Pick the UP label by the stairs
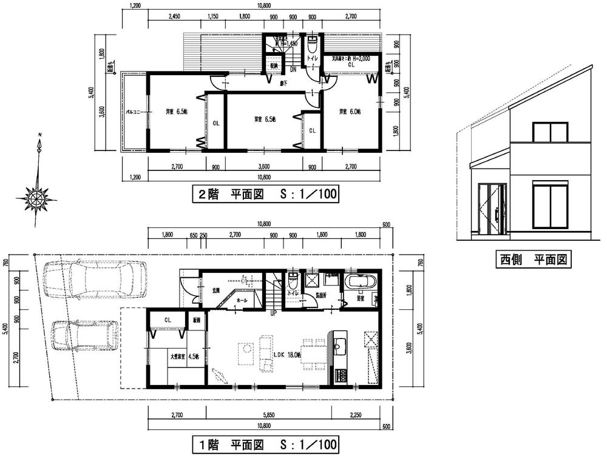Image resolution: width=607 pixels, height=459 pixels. coord(274,313)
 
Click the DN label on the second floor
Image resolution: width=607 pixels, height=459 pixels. coord(293,70)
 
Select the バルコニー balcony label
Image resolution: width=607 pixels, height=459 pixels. coord(134,112)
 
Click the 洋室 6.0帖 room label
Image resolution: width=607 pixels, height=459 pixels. coord(350,112)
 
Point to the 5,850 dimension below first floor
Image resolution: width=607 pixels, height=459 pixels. coord(268,415)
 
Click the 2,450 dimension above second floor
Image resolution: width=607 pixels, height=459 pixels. coord(173,17)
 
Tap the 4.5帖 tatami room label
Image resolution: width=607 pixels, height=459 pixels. coord(178,357)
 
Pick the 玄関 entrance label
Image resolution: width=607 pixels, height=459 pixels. coord(215,290)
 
